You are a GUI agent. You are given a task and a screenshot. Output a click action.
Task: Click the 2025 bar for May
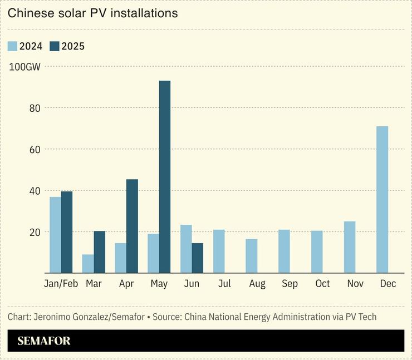(165, 177)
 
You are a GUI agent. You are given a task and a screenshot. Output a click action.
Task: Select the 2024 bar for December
(382, 200)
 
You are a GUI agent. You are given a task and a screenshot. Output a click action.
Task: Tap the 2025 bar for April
(132, 226)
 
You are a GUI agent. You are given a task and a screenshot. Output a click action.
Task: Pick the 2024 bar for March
(88, 264)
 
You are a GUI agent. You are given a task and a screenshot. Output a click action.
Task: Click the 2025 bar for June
(197, 258)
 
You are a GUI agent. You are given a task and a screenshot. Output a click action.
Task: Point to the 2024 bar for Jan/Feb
(55, 235)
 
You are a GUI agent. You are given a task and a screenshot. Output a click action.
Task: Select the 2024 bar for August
(252, 256)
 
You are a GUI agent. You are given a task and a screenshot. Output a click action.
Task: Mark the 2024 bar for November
(349, 247)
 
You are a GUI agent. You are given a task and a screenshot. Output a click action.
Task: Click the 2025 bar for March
(100, 252)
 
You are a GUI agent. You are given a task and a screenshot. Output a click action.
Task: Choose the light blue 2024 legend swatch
(13, 46)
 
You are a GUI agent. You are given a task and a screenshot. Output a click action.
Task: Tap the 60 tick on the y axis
(35, 149)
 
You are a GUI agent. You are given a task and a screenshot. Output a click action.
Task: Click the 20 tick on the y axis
(35, 232)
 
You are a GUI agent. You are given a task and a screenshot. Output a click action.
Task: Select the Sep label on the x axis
(290, 284)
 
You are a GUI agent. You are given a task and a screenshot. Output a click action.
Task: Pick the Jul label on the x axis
(224, 284)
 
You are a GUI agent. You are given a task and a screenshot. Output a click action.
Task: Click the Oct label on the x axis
(322, 284)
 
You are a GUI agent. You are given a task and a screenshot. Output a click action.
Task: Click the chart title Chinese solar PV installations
(93, 13)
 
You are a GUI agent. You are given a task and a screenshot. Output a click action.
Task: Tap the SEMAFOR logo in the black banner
(44, 341)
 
